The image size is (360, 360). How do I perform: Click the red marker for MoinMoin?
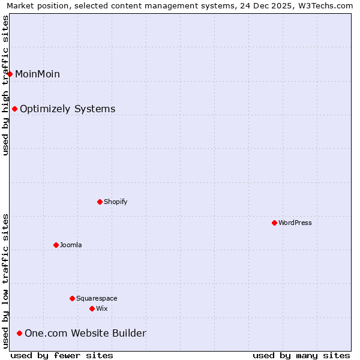pyautogui.click(x=10, y=74)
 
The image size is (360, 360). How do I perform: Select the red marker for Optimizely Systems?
pyautogui.click(x=14, y=109)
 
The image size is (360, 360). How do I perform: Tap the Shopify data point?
pyautogui.click(x=100, y=202)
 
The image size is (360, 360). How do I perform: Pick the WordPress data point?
pyautogui.click(x=274, y=223)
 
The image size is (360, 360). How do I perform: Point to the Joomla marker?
pyautogui.click(x=56, y=245)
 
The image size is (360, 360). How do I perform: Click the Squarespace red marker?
pyautogui.click(x=72, y=298)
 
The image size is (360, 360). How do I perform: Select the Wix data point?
pyautogui.click(x=92, y=308)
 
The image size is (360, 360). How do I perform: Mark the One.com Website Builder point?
pyautogui.click(x=19, y=333)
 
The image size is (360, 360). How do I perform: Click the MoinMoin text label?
pyautogui.click(x=37, y=74)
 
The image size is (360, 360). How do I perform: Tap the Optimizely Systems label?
pyautogui.click(x=67, y=109)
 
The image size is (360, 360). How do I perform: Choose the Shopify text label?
pyautogui.click(x=115, y=202)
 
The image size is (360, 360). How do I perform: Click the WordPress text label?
pyautogui.click(x=295, y=223)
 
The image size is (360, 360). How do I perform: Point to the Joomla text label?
pyautogui.click(x=71, y=245)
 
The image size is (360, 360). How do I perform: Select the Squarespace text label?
pyautogui.click(x=97, y=298)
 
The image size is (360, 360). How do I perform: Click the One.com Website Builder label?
pyautogui.click(x=85, y=333)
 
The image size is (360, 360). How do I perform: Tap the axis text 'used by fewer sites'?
pyautogui.click(x=62, y=355)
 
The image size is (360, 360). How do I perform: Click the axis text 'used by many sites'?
pyautogui.click(x=301, y=355)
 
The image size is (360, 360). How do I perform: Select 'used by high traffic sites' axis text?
pyautogui.click(x=5, y=85)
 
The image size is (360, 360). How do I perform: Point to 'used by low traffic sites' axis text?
pyautogui.click(x=5, y=281)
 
